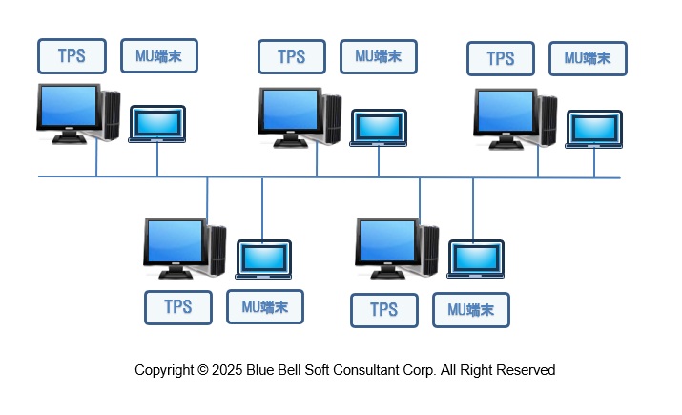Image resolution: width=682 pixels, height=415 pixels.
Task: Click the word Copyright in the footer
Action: (166, 370)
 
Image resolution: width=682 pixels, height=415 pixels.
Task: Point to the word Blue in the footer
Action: (263, 370)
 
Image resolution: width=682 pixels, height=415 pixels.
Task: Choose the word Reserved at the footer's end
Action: (524, 370)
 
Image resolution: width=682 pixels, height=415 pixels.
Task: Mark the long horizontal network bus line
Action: (329, 176)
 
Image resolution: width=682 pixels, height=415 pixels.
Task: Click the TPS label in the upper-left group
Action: (72, 56)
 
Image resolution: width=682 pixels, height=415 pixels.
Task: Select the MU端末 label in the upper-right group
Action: (588, 58)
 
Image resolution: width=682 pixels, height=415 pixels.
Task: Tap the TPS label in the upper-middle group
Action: (292, 56)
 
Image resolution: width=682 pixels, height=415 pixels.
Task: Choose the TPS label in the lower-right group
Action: (383, 310)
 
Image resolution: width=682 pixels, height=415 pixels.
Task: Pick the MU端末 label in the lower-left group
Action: (265, 307)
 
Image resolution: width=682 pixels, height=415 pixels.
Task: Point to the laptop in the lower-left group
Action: (264, 259)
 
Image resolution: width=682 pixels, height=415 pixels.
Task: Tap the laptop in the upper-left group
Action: (157, 124)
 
